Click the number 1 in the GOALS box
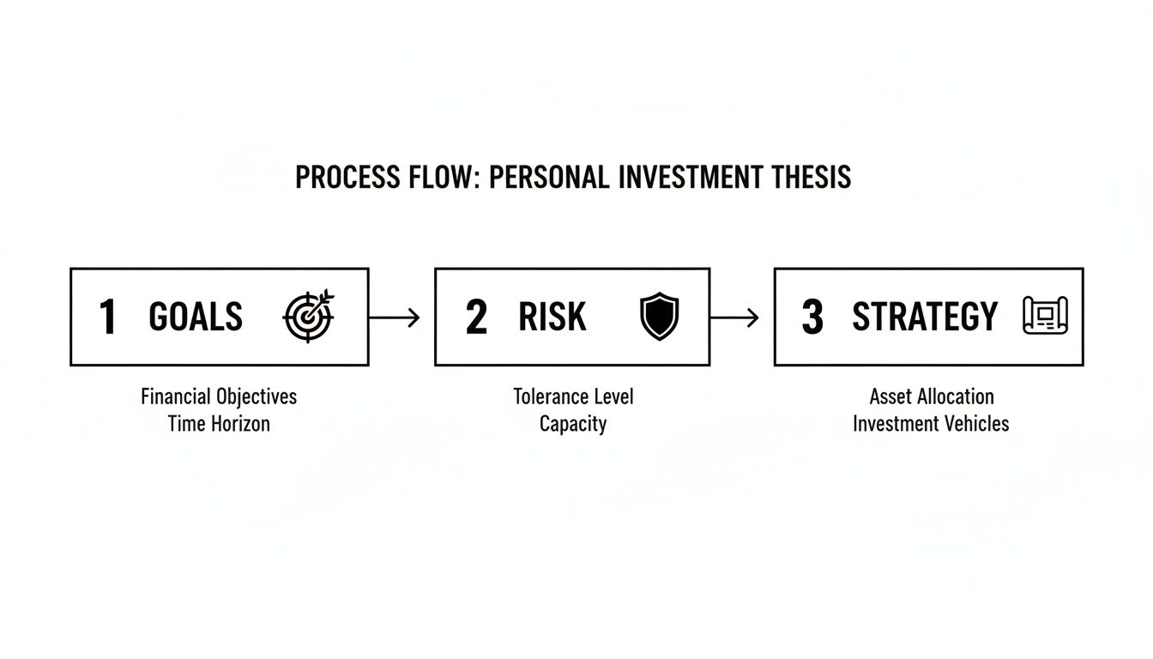(107, 317)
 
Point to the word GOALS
(196, 317)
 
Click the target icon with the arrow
(309, 317)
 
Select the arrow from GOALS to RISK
(395, 317)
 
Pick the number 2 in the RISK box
(476, 317)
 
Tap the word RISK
(552, 317)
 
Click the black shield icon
(659, 317)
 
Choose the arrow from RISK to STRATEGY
(735, 317)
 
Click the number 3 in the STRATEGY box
(812, 317)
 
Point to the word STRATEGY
(925, 317)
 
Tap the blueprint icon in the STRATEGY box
(1045, 316)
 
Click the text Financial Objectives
(219, 396)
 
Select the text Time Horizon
(219, 423)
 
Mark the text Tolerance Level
(573, 396)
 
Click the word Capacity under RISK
(573, 424)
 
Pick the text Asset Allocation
(931, 396)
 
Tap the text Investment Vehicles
(931, 423)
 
